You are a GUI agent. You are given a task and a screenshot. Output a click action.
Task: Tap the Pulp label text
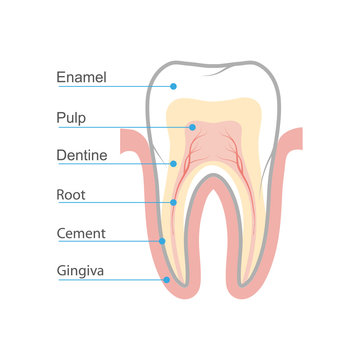72,117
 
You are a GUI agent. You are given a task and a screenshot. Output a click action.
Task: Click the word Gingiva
81,271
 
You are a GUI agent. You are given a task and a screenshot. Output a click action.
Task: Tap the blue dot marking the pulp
192,127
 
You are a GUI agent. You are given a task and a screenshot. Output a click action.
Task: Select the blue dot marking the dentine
174,164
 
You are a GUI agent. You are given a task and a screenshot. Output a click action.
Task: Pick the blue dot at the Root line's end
173,203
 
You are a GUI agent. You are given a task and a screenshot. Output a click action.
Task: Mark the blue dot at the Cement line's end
163,241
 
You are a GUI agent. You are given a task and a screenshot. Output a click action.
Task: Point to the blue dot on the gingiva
166,280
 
